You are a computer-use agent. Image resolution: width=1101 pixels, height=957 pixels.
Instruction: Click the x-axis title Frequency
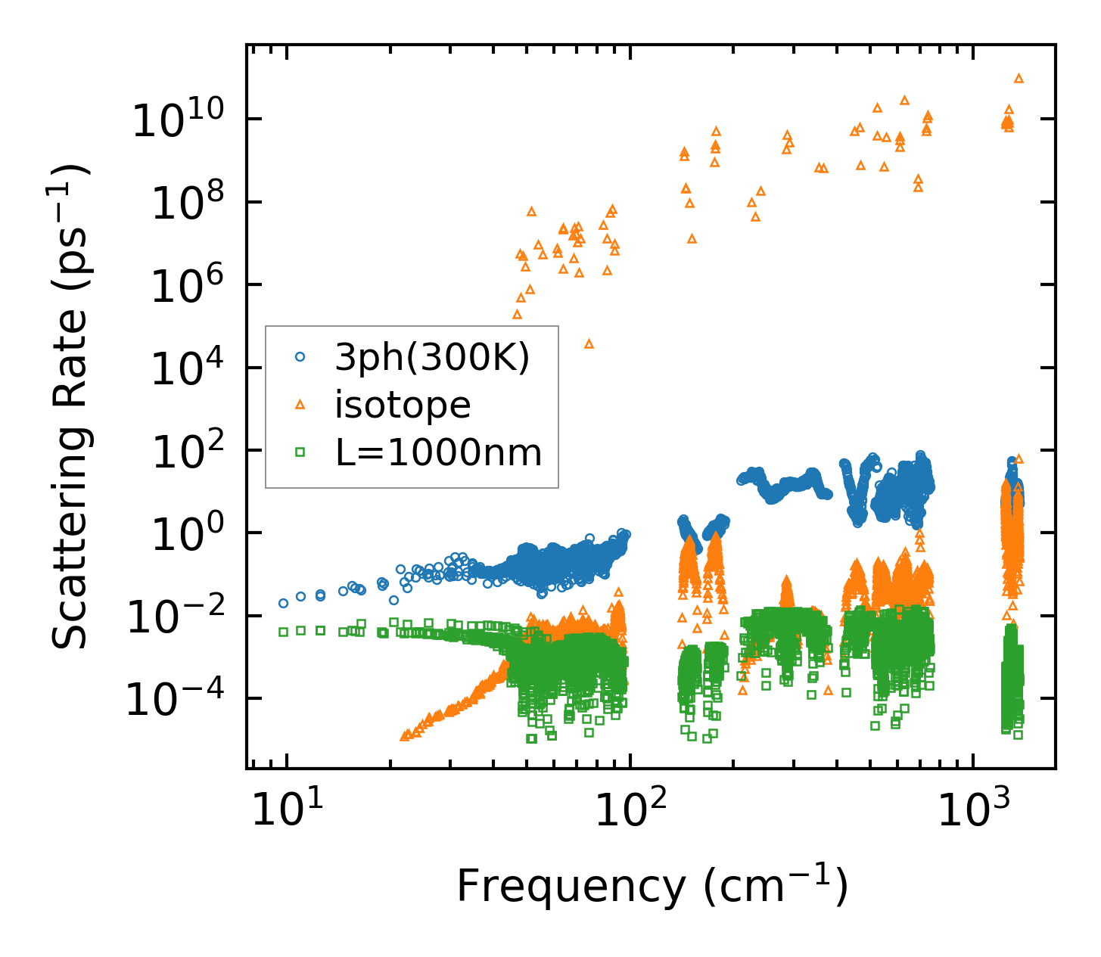pyautogui.click(x=652, y=886)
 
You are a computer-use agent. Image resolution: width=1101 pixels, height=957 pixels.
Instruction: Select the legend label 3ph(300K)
pyautogui.click(x=432, y=357)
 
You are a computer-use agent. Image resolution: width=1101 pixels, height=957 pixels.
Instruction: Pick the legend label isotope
pyautogui.click(x=403, y=405)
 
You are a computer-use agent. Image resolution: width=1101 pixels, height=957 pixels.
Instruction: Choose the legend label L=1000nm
pyautogui.click(x=438, y=453)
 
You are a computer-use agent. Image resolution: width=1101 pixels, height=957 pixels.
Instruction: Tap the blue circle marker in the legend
pyautogui.click(x=300, y=357)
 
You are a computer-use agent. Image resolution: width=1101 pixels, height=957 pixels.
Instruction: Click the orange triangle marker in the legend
pyautogui.click(x=300, y=405)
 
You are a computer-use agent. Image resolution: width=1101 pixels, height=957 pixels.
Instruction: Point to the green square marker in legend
pyautogui.click(x=300, y=453)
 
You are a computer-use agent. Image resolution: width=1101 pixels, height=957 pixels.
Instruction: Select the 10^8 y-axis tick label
pyautogui.click(x=186, y=204)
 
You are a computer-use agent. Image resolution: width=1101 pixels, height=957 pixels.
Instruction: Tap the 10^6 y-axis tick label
pyautogui.click(x=186, y=287)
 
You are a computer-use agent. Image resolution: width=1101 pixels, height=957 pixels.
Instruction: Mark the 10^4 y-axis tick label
pyautogui.click(x=186, y=369)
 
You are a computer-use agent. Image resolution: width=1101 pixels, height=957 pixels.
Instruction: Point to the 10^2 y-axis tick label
pyautogui.click(x=186, y=452)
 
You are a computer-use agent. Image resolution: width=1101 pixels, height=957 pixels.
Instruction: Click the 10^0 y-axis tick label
pyautogui.click(x=186, y=535)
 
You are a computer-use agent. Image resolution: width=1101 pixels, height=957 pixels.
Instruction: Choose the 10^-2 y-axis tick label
pyautogui.click(x=175, y=617)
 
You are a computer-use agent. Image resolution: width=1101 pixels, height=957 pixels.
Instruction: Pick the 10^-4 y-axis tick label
pyautogui.click(x=175, y=701)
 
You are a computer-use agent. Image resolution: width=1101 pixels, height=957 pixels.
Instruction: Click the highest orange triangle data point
pyautogui.click(x=1019, y=78)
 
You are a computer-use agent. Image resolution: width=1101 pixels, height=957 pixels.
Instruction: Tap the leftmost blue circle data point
pyautogui.click(x=283, y=603)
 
